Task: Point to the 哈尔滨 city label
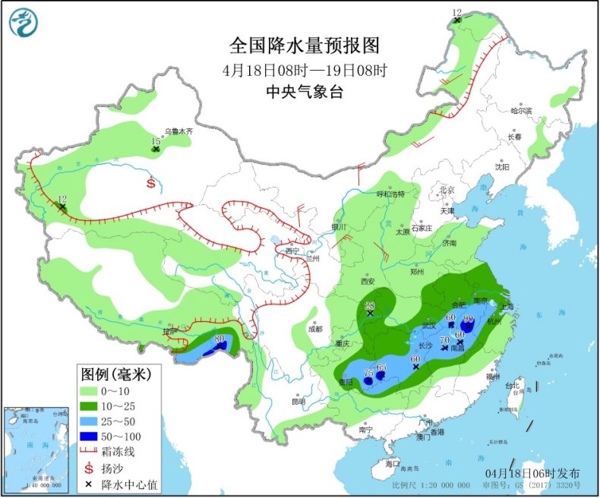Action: [x=522, y=111]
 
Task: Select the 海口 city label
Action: [x=392, y=462]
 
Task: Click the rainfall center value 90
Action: [x=468, y=319]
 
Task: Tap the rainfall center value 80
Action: [x=219, y=339]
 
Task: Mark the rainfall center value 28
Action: [x=370, y=304]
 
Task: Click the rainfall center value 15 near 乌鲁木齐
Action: [x=155, y=141]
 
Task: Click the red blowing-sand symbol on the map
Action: [x=151, y=183]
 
